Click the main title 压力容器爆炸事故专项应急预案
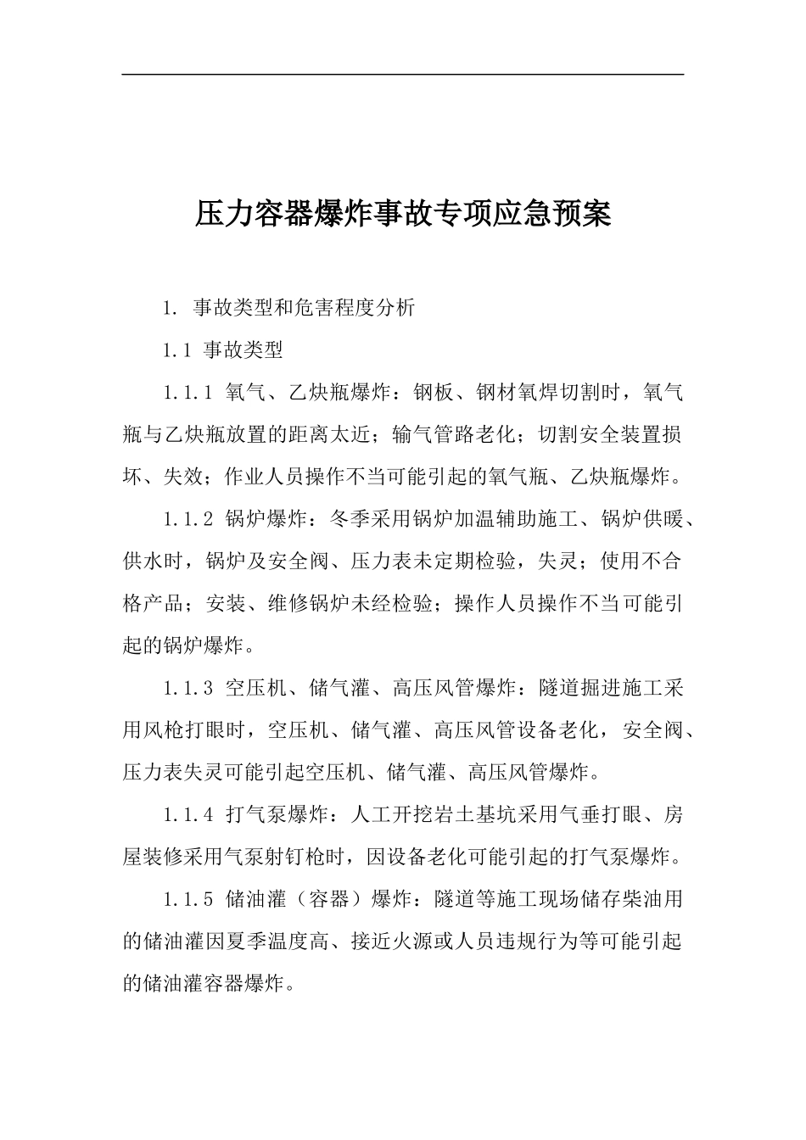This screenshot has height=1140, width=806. pyautogui.click(x=402, y=214)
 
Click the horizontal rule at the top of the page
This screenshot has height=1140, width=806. pyautogui.click(x=402, y=75)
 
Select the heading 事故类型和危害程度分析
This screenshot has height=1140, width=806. pyautogui.click(x=304, y=307)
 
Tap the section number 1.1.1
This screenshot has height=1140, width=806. pyautogui.click(x=187, y=393)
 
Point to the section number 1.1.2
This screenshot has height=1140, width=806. pyautogui.click(x=187, y=519)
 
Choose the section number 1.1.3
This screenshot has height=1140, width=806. pyautogui.click(x=187, y=688)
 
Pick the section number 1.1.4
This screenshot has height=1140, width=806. pyautogui.click(x=187, y=815)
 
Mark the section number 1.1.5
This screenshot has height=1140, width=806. pyautogui.click(x=187, y=899)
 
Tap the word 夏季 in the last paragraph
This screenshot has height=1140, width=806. pyautogui.click(x=241, y=942)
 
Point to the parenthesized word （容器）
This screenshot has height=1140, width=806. pyautogui.click(x=329, y=899)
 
